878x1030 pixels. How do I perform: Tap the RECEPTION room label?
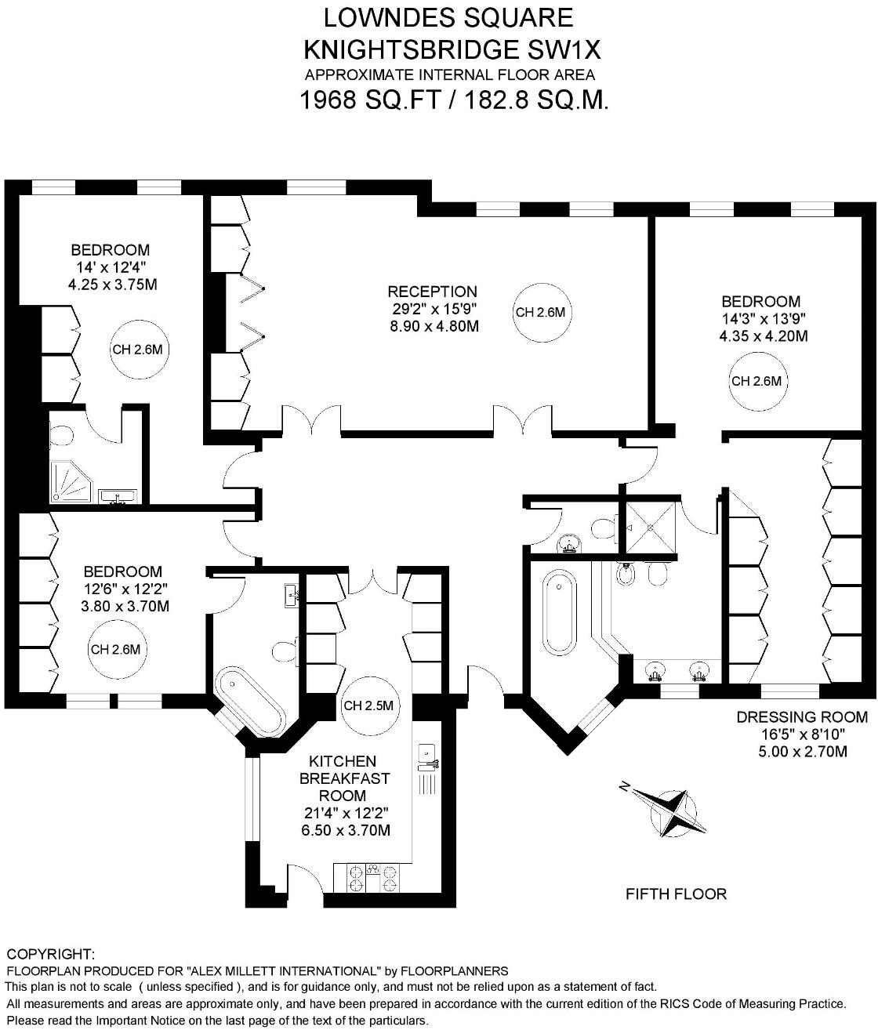(432, 292)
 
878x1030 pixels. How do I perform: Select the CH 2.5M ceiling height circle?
(368, 705)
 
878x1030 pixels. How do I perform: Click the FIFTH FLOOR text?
(676, 894)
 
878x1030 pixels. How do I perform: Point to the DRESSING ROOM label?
(801, 716)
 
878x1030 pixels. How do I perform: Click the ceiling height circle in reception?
(539, 312)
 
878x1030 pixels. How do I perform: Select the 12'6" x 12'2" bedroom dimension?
(123, 589)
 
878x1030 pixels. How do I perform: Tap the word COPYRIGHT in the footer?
(50, 954)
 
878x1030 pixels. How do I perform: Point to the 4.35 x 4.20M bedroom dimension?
(763, 336)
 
